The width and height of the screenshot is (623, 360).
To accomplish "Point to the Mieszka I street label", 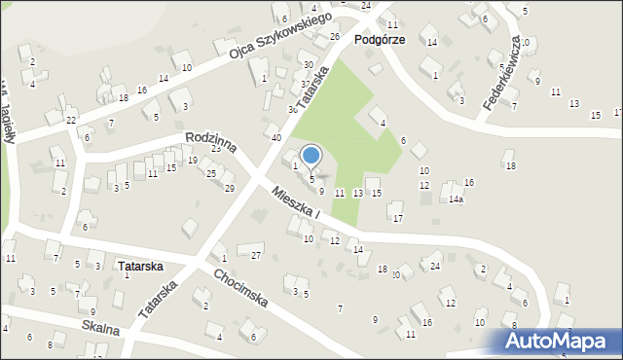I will (298, 202).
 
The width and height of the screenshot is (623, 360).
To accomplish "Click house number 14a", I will (455, 199).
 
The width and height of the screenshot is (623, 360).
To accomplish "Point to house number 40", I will (276, 138).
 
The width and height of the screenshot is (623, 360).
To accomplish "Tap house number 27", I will (256, 255).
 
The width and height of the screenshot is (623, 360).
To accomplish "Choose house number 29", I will (230, 188).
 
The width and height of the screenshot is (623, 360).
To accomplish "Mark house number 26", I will (334, 37).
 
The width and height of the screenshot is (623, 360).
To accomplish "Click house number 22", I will (71, 120).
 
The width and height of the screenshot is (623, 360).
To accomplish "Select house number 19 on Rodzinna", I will (192, 160).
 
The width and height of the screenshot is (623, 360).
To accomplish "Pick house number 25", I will (211, 173).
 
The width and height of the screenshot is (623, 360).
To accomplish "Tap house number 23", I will (216, 148).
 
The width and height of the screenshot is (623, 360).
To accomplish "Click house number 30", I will (308, 64).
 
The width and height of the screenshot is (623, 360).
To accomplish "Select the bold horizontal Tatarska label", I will (139, 265).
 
